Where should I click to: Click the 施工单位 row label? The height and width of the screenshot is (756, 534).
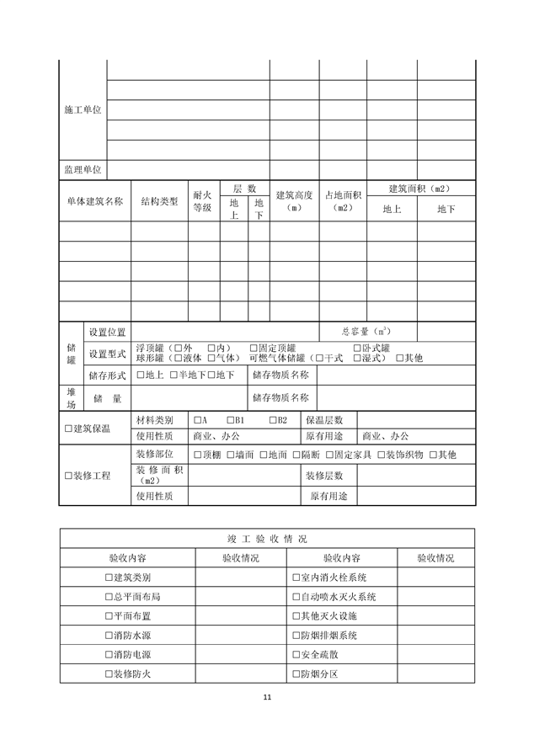pos(83,110)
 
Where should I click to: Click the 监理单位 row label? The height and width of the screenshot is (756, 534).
pos(83,169)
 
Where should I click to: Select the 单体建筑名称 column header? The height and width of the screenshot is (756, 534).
pos(94,201)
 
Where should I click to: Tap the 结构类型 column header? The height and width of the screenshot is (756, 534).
pos(158,201)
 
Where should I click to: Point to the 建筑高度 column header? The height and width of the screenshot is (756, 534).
pos(294,201)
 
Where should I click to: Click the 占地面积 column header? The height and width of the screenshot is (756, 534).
pos(343,201)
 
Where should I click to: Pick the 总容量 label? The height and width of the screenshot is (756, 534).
pos(366,331)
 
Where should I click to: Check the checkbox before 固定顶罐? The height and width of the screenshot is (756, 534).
pos(254,348)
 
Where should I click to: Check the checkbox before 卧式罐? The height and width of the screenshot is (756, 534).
pos(356,348)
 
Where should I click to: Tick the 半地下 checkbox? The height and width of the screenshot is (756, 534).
pos(174,375)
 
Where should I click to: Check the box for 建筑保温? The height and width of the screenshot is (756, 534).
pos(69,429)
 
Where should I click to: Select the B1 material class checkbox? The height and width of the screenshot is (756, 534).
pos(229,419)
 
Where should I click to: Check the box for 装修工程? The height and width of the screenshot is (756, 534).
pos(69,476)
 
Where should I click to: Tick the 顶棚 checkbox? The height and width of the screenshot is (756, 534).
pos(197,455)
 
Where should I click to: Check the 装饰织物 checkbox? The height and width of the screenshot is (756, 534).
pos(379,455)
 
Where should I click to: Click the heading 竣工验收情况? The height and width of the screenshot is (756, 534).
pos(266,538)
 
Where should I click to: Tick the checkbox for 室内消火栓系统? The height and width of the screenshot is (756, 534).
pos(293,578)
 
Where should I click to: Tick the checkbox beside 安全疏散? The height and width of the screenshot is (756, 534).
pos(293,655)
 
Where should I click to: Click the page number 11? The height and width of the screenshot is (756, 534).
pos(267,697)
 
